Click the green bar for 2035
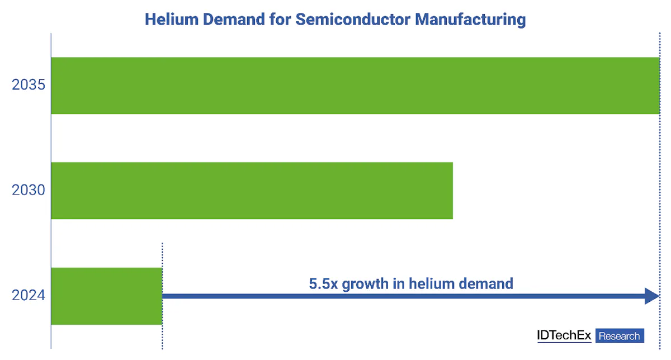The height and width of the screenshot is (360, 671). tap(355, 86)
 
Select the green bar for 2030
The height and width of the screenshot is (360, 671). tap(252, 191)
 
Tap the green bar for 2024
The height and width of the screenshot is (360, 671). tap(106, 296)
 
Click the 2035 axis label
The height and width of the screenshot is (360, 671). tap(29, 86)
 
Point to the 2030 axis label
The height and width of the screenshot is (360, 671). tap(29, 191)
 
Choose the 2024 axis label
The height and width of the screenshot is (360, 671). tap(29, 296)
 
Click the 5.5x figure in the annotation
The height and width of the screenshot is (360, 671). tap(323, 283)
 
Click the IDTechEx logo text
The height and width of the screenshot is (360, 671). tap(564, 335)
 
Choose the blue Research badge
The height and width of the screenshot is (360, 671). tap(620, 336)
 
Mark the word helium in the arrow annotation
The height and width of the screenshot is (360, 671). tap(431, 283)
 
